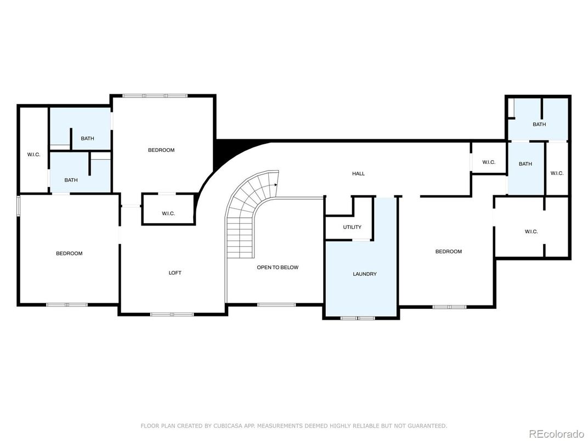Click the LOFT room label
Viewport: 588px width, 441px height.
pyautogui.click(x=174, y=273)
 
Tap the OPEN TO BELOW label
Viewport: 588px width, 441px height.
pyautogui.click(x=278, y=267)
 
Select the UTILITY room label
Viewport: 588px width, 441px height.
pyautogui.click(x=352, y=227)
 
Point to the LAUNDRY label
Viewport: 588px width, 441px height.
pyautogui.click(x=365, y=274)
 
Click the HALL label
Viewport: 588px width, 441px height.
pyautogui.click(x=358, y=173)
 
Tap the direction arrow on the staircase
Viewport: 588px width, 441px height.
pyautogui.click(x=275, y=185)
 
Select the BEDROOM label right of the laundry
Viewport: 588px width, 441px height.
pyautogui.click(x=448, y=251)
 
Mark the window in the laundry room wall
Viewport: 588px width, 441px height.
pyautogui.click(x=358, y=318)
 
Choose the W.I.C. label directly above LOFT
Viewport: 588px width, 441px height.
pyautogui.click(x=168, y=213)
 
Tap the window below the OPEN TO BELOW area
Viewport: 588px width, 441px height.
pyautogui.click(x=276, y=304)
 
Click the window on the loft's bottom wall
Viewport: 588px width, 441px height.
pyautogui.click(x=172, y=314)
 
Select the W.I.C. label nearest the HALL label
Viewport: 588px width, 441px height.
pyautogui.click(x=489, y=162)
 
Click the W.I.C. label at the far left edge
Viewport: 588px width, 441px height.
pyautogui.click(x=33, y=154)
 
